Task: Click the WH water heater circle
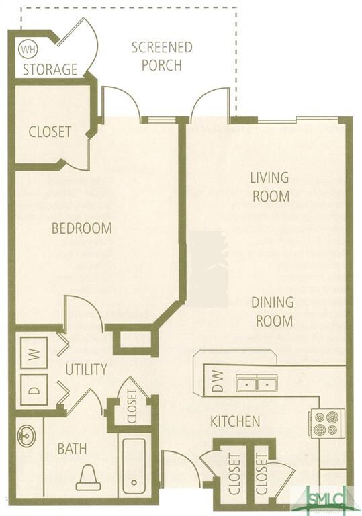tap(29, 49)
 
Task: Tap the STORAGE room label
tap(50, 69)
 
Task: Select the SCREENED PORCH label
tap(162, 56)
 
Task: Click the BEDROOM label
tap(82, 228)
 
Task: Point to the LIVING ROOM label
tap(270, 187)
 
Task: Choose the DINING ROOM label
tap(273, 311)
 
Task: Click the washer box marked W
tap(34, 353)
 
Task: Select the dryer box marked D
tap(34, 390)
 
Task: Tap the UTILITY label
tap(86, 370)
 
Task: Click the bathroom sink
tap(27, 435)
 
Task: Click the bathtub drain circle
tap(134, 483)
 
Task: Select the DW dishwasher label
tap(217, 381)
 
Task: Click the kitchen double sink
tap(257, 383)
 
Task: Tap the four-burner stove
tap(326, 423)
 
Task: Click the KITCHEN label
tap(235, 421)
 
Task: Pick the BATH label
tap(72, 449)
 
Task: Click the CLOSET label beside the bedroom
tap(50, 132)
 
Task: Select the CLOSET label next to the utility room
tap(132, 406)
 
